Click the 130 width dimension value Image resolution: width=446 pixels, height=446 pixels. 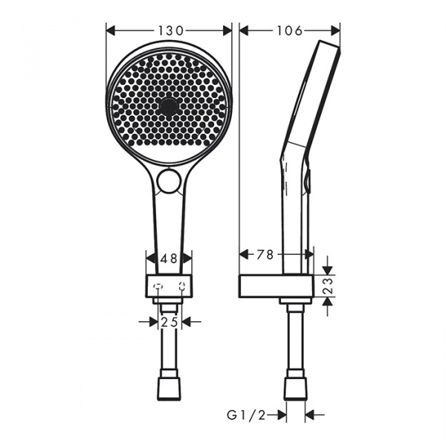pyautogui.click(x=170, y=30)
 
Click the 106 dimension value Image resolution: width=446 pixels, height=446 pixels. pyautogui.click(x=289, y=30)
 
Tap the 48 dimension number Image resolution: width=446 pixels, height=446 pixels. pyautogui.click(x=169, y=259)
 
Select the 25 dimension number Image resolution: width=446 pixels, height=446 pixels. pyautogui.click(x=170, y=321)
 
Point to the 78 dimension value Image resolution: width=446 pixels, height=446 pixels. pyautogui.click(x=265, y=254)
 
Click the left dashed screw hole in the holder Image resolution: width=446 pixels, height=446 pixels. pyautogui.click(x=157, y=285)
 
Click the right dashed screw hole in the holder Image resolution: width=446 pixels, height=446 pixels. pyautogui.click(x=182, y=285)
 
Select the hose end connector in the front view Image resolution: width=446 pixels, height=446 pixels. pyautogui.click(x=169, y=388)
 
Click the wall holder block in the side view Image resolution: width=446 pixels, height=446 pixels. pyautogui.click(x=276, y=286)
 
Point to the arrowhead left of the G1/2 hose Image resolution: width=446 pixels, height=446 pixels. pyautogui.click(x=282, y=415)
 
